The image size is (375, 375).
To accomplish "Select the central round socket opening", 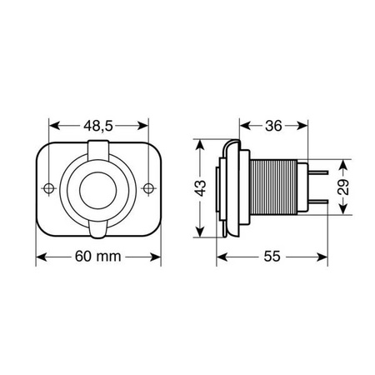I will tap(98, 188).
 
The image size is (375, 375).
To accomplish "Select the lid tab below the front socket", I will tap(98, 227).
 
